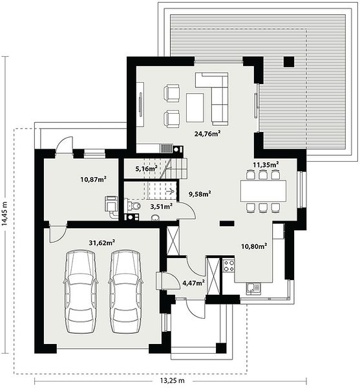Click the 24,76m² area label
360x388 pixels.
[x=207, y=134]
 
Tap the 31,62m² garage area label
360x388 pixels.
[x=102, y=242]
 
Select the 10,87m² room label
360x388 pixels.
[x=94, y=179]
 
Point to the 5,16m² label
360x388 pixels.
[x=146, y=169]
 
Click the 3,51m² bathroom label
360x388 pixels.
[x=162, y=206]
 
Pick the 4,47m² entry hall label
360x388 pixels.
[x=193, y=283]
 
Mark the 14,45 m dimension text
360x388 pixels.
[x=5, y=214]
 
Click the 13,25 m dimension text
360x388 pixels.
[x=172, y=380]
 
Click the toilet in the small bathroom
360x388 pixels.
[x=134, y=205]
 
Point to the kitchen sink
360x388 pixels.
[x=253, y=289]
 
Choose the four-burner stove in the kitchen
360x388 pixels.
[x=229, y=266]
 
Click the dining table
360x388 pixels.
[x=263, y=191]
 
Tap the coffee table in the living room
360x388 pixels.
[x=195, y=107]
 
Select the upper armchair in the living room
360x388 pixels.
[x=171, y=93]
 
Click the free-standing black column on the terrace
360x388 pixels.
[x=289, y=62]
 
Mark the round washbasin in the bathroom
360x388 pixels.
[x=155, y=218]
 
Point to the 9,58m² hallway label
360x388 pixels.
[x=200, y=194]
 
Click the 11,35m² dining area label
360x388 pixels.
[x=266, y=164]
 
